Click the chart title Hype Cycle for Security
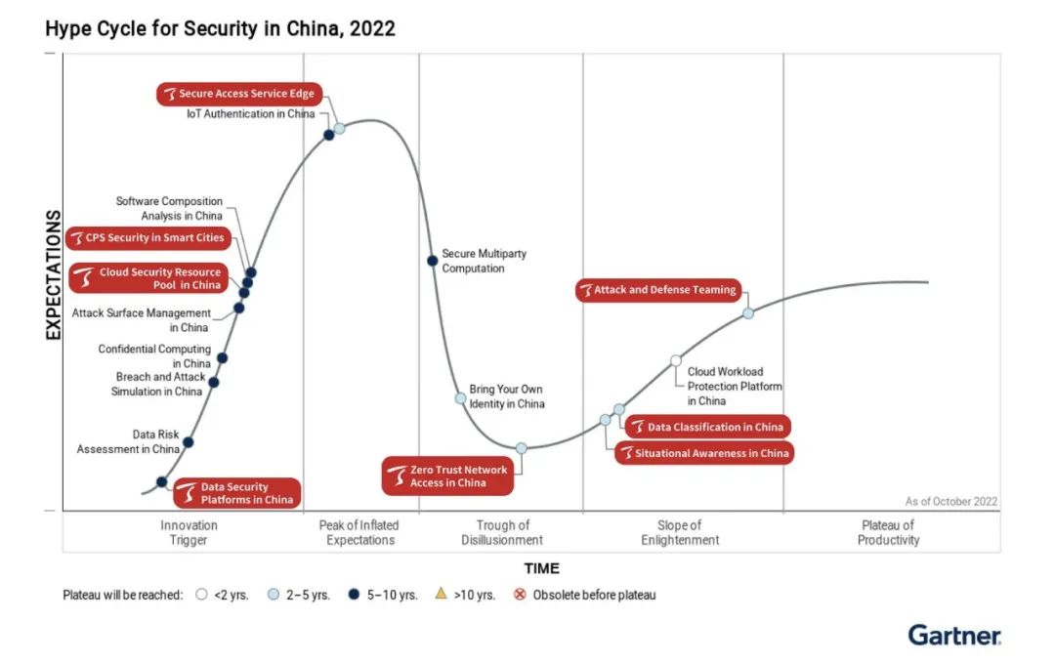click(x=220, y=28)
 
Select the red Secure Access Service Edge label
click(x=239, y=94)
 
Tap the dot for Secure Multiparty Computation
click(x=432, y=261)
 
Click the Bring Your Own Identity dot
click(x=460, y=398)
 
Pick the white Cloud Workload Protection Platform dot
click(x=675, y=360)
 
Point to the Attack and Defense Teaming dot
click(x=748, y=313)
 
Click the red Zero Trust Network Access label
click(x=446, y=477)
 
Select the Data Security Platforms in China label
click(x=234, y=494)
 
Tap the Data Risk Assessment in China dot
click(x=189, y=442)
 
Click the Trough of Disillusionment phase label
click(x=503, y=532)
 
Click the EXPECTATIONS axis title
click(x=54, y=274)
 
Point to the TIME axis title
click(x=541, y=568)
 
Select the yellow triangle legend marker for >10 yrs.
click(x=441, y=594)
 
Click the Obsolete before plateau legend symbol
click(x=521, y=595)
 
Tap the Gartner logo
click(x=954, y=636)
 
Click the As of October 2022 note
click(x=950, y=502)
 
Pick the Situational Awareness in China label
click(x=703, y=453)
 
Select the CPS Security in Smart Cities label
click(x=148, y=237)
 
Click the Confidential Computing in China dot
click(x=222, y=358)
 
